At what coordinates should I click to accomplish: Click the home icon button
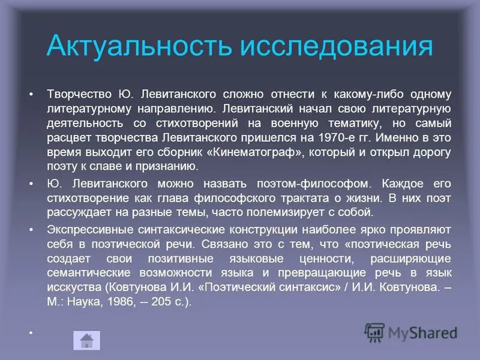point(86,340)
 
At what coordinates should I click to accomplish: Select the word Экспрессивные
point(86,230)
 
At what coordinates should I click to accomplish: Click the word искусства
point(74,287)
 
